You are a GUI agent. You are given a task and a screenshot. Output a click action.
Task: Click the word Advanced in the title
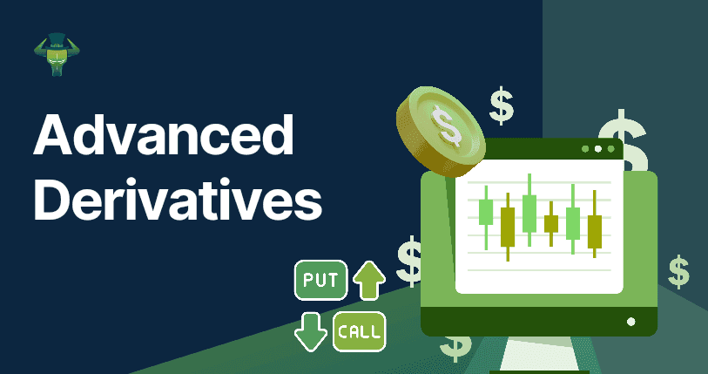(x=163, y=133)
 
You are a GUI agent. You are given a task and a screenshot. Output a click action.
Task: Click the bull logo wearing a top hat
(x=57, y=54)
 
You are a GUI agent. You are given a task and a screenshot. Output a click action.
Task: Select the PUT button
(x=320, y=280)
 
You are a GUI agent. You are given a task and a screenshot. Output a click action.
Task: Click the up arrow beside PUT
(x=369, y=281)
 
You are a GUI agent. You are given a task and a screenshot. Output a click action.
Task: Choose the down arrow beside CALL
(x=311, y=332)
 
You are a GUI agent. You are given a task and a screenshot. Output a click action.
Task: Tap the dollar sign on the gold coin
(x=446, y=125)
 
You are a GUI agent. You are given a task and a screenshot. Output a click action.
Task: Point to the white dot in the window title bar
(x=597, y=149)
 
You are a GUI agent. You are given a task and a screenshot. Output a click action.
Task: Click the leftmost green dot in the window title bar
(x=585, y=149)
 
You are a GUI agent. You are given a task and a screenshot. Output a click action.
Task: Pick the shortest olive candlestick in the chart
(x=551, y=223)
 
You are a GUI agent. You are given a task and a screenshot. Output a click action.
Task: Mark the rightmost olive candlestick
(x=595, y=224)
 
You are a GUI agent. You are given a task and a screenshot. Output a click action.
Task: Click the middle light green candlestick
(x=529, y=210)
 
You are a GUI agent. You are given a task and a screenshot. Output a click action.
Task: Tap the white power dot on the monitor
(x=631, y=322)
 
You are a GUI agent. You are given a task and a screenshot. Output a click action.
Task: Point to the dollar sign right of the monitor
(x=678, y=272)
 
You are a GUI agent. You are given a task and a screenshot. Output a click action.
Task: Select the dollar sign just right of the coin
(x=502, y=105)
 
